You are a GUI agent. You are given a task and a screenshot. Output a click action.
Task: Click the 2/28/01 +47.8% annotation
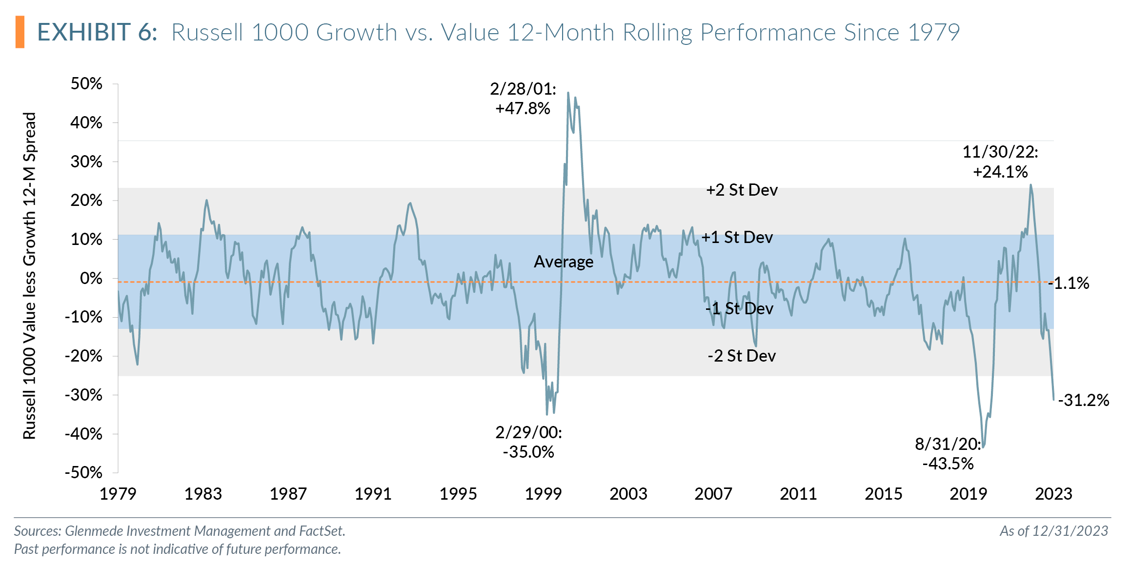523,99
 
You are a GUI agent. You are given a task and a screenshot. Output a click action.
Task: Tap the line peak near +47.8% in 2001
568,93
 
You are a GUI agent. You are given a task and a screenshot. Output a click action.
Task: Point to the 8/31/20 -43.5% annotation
948,453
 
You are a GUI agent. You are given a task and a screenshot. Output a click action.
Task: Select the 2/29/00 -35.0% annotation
528,442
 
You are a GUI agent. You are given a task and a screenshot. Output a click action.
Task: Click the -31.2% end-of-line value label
1083,400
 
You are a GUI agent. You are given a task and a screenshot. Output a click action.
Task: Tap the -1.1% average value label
1070,283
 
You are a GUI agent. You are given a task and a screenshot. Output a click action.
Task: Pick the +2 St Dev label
742,190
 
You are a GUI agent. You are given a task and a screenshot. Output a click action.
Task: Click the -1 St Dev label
739,308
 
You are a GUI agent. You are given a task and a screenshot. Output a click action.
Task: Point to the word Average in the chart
564,262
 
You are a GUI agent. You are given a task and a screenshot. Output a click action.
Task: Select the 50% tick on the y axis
86,83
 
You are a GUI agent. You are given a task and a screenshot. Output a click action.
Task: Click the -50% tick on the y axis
84,472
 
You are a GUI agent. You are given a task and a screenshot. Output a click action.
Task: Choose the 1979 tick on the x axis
118,494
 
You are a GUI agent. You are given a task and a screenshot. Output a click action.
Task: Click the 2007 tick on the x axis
713,494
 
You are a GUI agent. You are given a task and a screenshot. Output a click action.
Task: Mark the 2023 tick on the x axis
1053,494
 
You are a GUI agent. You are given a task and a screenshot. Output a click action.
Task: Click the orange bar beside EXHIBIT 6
20,32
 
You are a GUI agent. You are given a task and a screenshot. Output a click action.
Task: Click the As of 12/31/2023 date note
1053,531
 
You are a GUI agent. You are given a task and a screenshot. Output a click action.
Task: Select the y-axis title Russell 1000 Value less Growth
30,276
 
